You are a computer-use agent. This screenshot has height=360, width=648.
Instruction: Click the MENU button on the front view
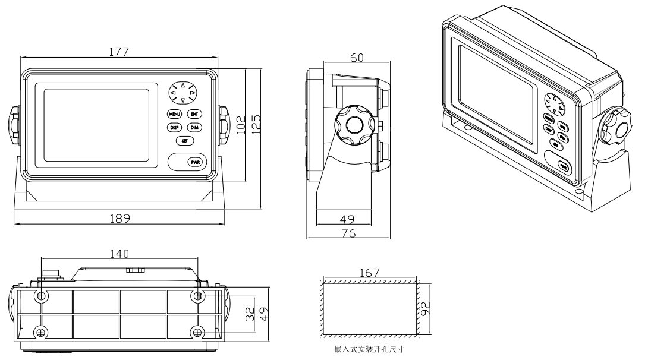pyautogui.click(x=174, y=114)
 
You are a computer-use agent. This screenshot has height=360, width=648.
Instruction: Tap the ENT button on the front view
pyautogui.click(x=194, y=114)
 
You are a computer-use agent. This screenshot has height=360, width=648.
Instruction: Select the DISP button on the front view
pyautogui.click(x=174, y=128)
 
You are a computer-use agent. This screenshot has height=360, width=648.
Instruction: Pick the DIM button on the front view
pyautogui.click(x=194, y=128)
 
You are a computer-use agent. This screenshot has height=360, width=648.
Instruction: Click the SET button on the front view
pyautogui.click(x=184, y=141)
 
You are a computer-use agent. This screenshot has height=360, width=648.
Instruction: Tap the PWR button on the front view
pyautogui.click(x=195, y=162)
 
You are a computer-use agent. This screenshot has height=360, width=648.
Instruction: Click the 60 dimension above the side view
pyautogui.click(x=357, y=57)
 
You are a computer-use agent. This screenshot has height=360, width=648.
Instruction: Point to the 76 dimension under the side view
pyautogui.click(x=348, y=234)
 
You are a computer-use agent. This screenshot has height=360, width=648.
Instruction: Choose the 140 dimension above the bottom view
pyautogui.click(x=119, y=254)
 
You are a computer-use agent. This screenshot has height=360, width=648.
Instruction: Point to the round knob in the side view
pyautogui.click(x=353, y=125)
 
